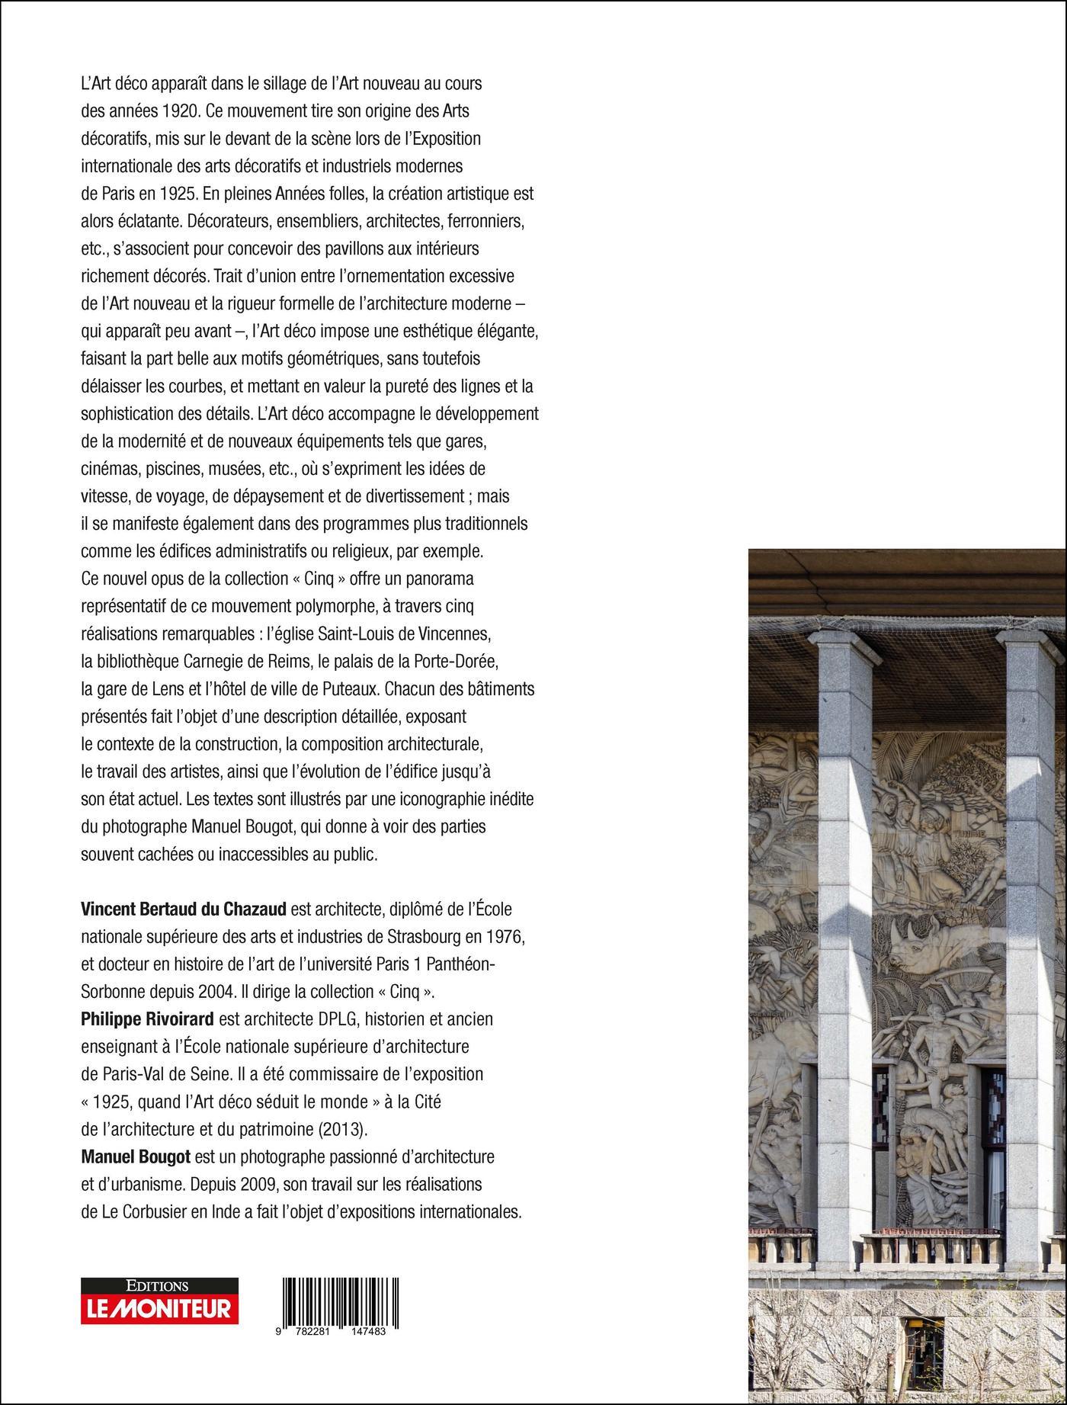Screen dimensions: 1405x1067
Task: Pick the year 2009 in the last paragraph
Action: tap(245, 1184)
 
